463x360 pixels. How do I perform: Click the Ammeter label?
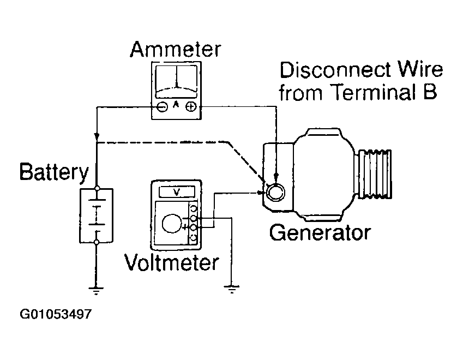click(x=176, y=49)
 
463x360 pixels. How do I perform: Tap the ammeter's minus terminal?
click(x=163, y=106)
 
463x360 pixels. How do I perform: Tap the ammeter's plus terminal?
click(x=191, y=106)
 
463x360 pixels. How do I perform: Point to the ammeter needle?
click(x=177, y=77)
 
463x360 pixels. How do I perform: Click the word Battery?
click(x=54, y=172)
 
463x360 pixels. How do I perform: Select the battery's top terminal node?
click(x=97, y=188)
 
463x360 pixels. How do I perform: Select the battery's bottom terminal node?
click(x=97, y=243)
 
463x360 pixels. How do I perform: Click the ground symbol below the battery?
click(x=95, y=291)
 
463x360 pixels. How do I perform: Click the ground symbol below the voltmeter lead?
click(x=231, y=289)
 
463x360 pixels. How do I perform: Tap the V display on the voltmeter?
click(x=177, y=192)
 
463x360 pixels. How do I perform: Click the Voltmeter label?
click(x=172, y=262)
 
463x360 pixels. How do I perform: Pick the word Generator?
click(x=320, y=233)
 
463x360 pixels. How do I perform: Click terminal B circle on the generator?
click(x=275, y=192)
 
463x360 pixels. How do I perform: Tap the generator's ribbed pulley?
click(x=375, y=174)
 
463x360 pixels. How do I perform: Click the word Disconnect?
click(x=335, y=70)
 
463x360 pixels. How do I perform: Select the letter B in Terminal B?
click(x=430, y=92)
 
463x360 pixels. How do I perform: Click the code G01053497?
click(x=56, y=314)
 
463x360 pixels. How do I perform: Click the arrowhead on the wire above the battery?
click(x=97, y=137)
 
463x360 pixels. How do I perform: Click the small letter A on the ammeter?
click(x=176, y=104)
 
